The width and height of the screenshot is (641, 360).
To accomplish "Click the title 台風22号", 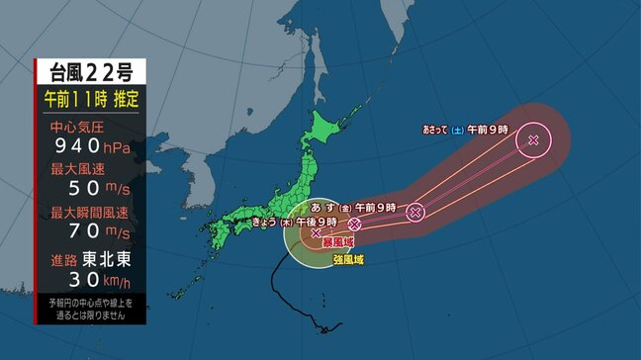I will pos(90,72).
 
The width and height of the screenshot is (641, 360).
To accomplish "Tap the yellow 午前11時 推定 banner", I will pos(91,99).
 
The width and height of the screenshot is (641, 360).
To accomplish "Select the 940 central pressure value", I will pos(78,147).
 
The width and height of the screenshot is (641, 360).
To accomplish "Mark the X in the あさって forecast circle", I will pos(534,139).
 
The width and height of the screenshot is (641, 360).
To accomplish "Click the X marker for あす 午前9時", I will pos(415,211).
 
